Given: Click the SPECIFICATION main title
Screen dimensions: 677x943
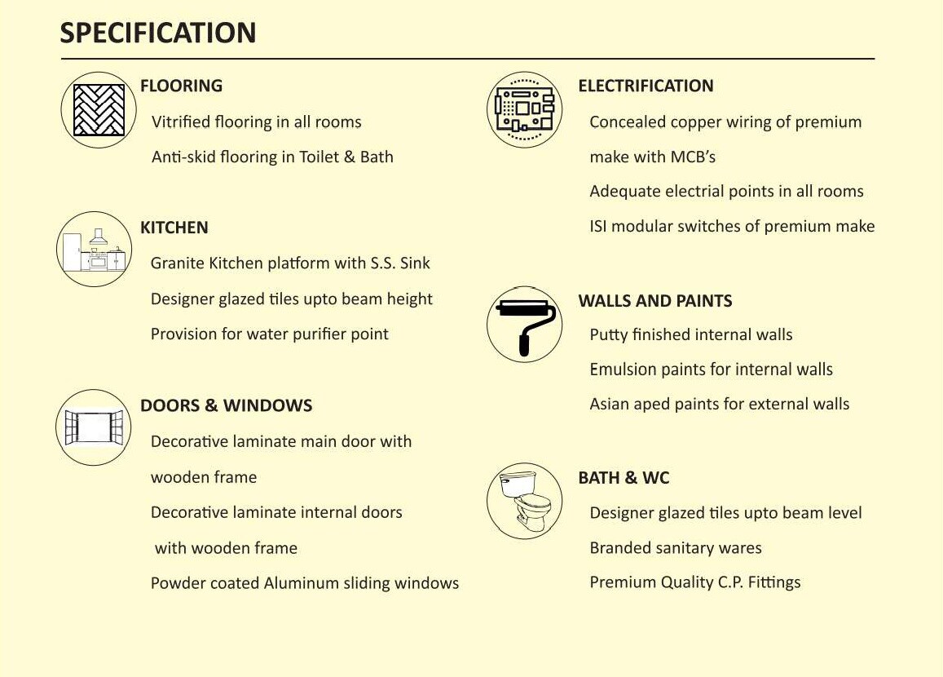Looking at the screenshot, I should (x=158, y=33).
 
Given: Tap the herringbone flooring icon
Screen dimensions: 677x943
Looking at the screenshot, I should (x=99, y=110).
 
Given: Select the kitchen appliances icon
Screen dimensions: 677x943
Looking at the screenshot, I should (x=95, y=249).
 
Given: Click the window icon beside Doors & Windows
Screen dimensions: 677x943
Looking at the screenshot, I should (x=94, y=427).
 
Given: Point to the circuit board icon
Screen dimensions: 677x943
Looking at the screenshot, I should (x=524, y=109).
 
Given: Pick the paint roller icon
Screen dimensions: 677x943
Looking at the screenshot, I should (x=525, y=325).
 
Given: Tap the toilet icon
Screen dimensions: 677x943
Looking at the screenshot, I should (x=524, y=500).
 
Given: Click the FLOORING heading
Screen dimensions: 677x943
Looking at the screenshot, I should (x=181, y=86).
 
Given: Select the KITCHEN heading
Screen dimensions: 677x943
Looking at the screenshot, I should (x=174, y=228).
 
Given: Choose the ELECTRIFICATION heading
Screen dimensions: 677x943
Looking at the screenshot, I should (x=646, y=86).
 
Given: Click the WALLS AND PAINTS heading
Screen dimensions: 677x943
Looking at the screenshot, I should (x=655, y=301).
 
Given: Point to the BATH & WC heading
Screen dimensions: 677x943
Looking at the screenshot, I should (x=624, y=478).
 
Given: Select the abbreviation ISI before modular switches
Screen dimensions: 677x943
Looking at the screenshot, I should (x=598, y=226).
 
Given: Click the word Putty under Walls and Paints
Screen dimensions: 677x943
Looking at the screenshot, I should (x=608, y=335).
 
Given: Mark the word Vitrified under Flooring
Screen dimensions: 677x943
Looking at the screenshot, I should (x=179, y=122).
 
